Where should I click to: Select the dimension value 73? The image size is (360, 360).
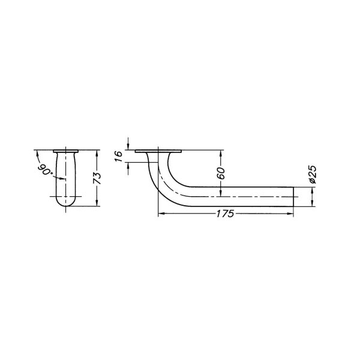[x=98, y=178]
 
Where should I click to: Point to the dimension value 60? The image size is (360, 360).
[x=221, y=173]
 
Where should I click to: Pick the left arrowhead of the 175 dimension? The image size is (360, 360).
[x=160, y=213]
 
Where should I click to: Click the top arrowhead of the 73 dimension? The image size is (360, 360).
[x=97, y=152]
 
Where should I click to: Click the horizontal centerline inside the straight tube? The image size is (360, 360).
[x=240, y=196]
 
